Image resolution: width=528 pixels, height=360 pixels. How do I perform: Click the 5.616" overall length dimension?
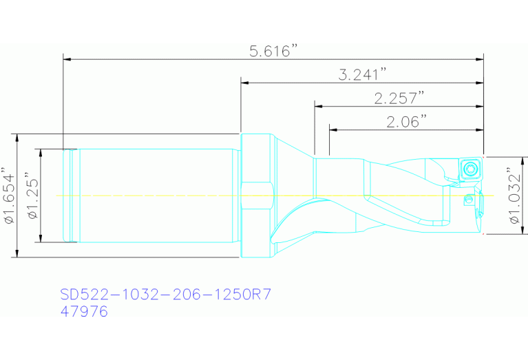coord(273,51)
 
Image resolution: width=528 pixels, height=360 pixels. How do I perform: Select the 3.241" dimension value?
coord(363,74)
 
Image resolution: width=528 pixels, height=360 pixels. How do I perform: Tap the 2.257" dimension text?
coord(399,98)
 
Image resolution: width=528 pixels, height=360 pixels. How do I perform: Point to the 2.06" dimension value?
coord(407,122)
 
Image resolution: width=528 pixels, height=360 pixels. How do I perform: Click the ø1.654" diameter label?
coord(9,195)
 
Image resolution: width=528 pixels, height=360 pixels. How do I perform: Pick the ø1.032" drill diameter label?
coord(514,195)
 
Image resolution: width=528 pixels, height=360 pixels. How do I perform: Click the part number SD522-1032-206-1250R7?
coord(165,295)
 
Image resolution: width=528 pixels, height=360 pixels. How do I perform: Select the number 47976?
coord(84,311)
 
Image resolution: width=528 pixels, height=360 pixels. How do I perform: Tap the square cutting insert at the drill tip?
coord(470,168)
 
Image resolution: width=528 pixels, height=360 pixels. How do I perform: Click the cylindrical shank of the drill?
coord(158,195)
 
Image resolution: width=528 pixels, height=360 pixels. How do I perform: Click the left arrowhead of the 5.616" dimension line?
coord(67,60)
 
